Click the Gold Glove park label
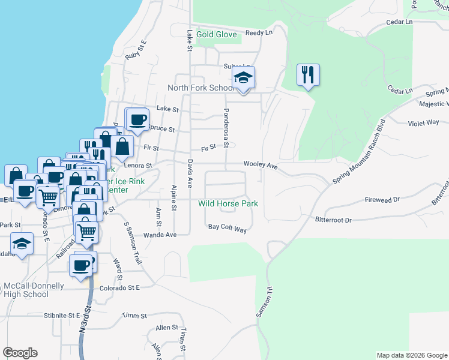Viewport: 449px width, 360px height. point(217,34)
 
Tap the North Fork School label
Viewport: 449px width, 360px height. point(201,88)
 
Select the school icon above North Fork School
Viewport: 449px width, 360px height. point(244,78)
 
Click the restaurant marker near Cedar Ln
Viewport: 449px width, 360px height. point(308,75)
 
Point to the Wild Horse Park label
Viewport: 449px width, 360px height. point(228,203)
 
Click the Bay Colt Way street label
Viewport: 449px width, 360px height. point(228,227)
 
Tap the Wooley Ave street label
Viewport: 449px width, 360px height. point(260,164)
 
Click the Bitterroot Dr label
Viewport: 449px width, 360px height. point(333,220)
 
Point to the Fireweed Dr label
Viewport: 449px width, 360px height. point(382,200)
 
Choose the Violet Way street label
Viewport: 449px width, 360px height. point(424,122)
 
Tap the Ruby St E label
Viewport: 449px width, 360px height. point(136,50)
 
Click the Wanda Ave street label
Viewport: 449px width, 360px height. point(160,235)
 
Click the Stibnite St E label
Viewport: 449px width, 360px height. point(62,314)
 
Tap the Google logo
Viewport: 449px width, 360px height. point(20,353)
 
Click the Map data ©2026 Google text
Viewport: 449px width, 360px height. point(411,355)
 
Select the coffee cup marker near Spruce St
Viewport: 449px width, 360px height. point(137,119)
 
